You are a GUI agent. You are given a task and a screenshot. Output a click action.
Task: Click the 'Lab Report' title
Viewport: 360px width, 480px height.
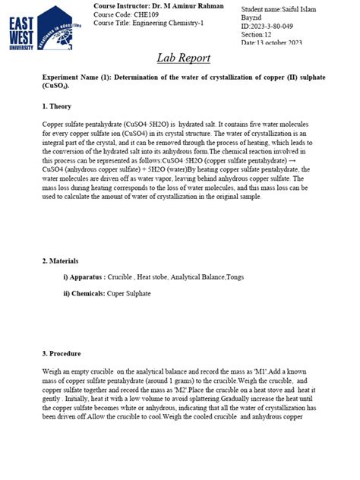183,58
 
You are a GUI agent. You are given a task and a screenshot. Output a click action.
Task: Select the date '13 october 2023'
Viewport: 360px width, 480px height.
281,43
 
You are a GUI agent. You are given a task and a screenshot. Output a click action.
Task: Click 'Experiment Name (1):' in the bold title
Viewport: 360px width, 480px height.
81,78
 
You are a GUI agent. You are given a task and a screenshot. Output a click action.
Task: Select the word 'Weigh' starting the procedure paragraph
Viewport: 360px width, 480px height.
53,371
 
